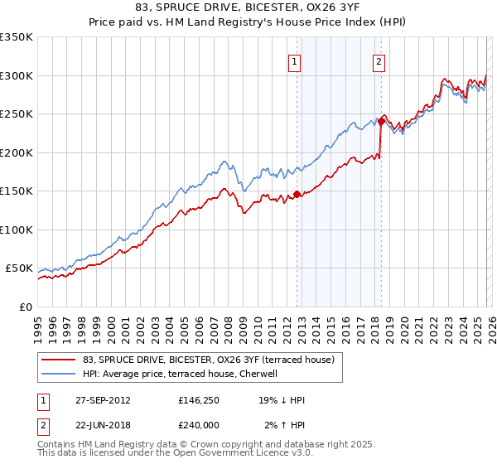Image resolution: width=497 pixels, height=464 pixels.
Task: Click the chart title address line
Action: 248,7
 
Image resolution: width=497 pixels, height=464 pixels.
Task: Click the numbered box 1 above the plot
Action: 295,60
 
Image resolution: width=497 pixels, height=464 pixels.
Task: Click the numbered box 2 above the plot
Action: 379,60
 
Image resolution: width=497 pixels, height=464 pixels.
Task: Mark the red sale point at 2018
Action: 381,121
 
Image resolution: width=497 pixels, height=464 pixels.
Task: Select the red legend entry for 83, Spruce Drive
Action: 208,360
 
